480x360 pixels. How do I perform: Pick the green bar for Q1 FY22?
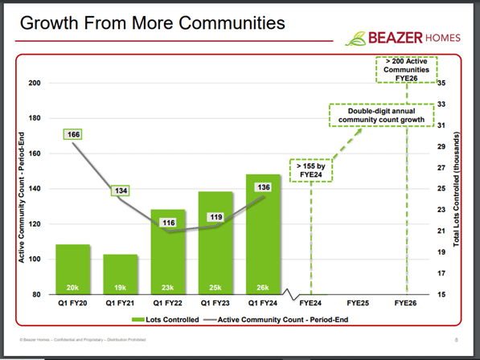click(x=167, y=252)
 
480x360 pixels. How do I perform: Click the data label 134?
click(x=122, y=190)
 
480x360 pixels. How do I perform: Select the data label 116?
click(x=168, y=222)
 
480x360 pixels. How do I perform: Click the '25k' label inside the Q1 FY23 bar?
click(x=215, y=287)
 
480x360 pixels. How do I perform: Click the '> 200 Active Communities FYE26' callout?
click(x=406, y=69)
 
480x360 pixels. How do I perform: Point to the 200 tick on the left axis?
click(x=35, y=83)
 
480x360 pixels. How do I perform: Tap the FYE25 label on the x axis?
click(x=359, y=305)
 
